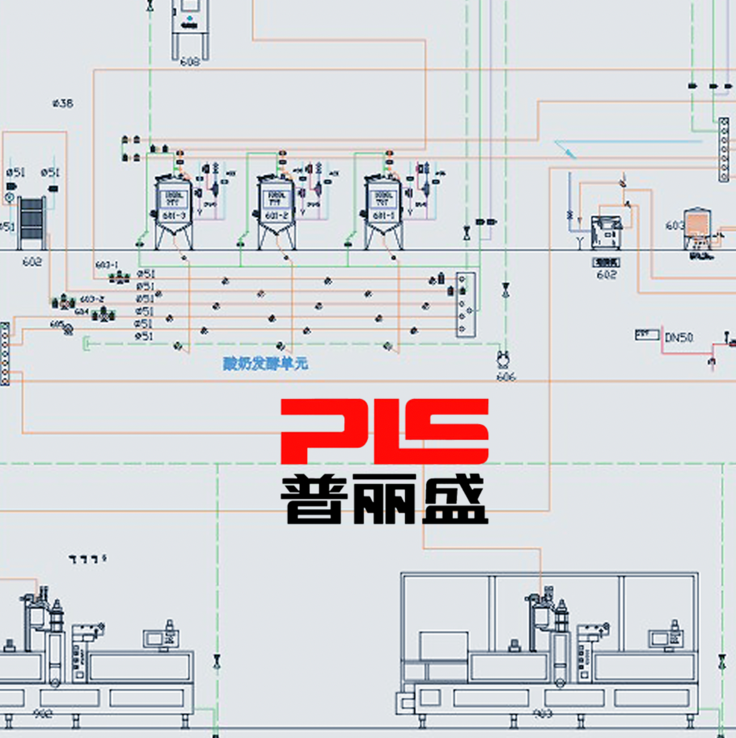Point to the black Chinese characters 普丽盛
(384, 500)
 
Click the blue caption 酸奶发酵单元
(265, 363)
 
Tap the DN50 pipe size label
(679, 338)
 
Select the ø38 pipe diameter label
(62, 103)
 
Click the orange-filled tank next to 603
(698, 227)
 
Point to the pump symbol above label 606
(503, 359)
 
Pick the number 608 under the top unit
(190, 61)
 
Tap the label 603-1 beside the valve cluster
(107, 265)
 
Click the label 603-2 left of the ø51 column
(92, 299)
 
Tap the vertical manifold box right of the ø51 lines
(466, 304)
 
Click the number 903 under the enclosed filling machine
(543, 713)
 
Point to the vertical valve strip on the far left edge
(5, 354)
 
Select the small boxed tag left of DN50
(646, 335)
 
